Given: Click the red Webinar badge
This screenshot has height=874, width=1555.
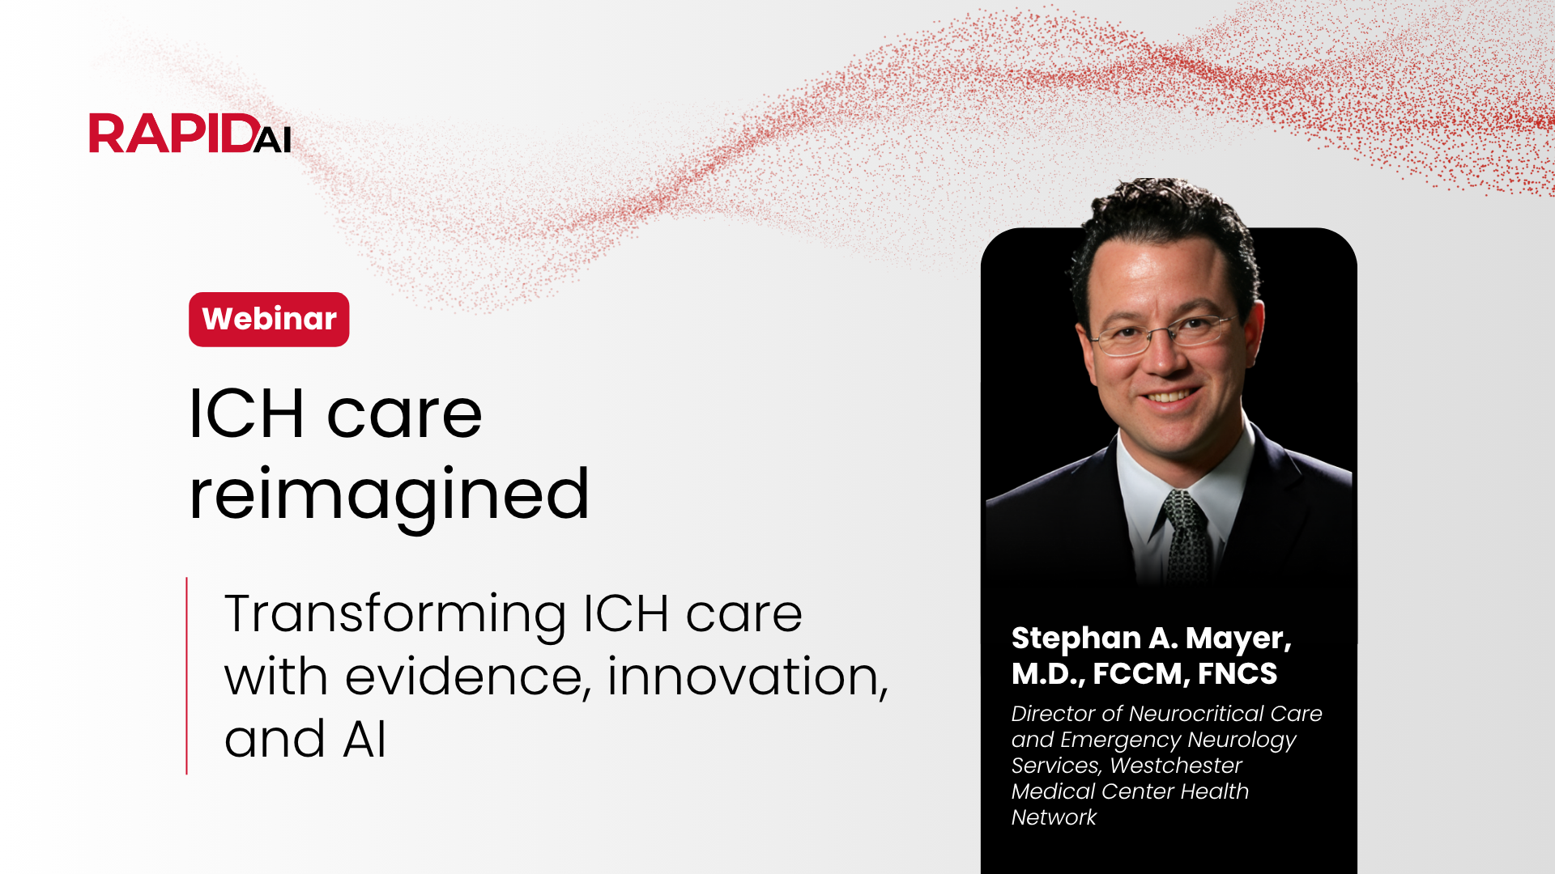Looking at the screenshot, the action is [x=269, y=320].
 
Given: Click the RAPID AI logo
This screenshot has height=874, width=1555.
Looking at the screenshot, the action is [x=190, y=134].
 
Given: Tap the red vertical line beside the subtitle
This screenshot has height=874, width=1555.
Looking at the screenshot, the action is [x=186, y=676].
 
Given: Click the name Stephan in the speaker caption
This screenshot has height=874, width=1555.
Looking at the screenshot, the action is [x=1076, y=639].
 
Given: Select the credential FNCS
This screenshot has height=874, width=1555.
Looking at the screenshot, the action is [x=1238, y=673].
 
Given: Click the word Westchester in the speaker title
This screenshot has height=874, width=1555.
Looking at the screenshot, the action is [x=1176, y=766].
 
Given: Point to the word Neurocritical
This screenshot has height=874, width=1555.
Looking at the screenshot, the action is [x=1196, y=714].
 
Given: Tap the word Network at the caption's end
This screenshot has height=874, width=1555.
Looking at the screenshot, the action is [x=1054, y=817].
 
